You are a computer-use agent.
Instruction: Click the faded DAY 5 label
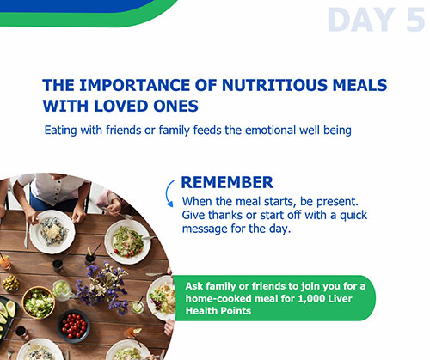pos(376,20)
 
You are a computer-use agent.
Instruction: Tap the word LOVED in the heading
pos(121,106)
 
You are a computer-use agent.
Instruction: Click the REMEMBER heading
pos(227,182)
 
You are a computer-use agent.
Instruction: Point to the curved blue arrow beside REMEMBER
pos(167,193)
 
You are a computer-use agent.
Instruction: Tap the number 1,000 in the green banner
pos(311,299)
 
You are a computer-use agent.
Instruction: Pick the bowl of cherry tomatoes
pos(73,326)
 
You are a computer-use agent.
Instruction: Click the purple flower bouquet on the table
pos(105,286)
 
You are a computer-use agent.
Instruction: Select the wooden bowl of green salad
pos(39,302)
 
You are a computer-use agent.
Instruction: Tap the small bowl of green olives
pos(10,284)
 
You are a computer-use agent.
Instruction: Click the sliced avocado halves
pos(6,312)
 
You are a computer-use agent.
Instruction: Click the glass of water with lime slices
pos(61,290)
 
